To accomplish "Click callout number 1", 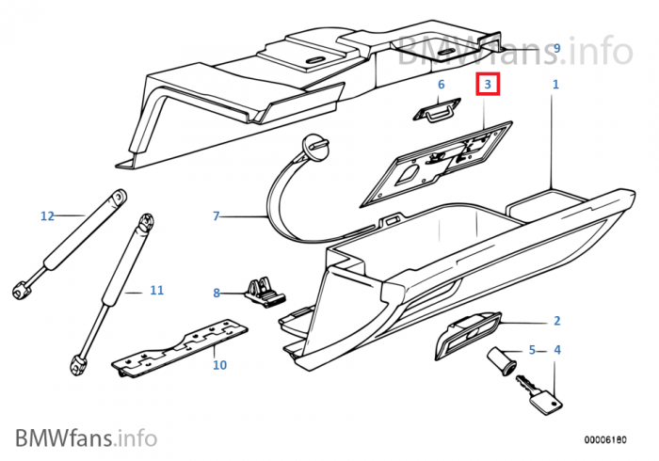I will coord(555,85).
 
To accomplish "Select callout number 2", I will coord(556,321).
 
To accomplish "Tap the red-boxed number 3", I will coord(488,85).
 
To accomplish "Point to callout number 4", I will coord(556,351).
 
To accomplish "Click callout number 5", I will coord(532,351).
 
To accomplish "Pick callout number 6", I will coord(439,85).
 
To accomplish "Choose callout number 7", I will coord(216,216).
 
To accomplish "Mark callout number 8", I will coord(216,293).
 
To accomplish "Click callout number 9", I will coord(556,48).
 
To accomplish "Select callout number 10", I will coord(219,364).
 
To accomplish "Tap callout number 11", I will coord(156,291).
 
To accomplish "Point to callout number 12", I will coord(47,216).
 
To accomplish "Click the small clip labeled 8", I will coord(263,291).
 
